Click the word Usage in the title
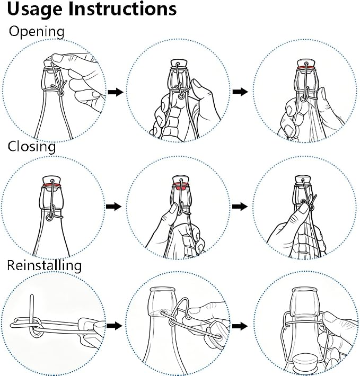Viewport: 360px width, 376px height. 36,10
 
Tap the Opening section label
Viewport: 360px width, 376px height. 37,32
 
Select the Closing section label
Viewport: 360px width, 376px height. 32,146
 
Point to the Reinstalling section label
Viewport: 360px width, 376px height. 45,265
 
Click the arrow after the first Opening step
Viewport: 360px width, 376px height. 116,92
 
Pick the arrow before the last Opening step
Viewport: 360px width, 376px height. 240,92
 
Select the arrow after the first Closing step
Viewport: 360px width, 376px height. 113,207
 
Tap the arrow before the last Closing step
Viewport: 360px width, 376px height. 240,207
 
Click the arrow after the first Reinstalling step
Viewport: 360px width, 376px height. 115,326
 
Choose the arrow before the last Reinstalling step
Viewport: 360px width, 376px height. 240,326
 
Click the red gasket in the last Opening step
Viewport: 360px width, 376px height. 305,68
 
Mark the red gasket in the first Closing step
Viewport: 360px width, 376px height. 51,185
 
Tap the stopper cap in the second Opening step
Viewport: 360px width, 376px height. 179,65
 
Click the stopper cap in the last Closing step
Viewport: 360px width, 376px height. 303,181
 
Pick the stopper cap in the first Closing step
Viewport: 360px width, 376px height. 51,181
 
